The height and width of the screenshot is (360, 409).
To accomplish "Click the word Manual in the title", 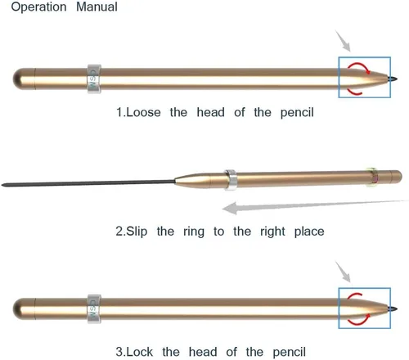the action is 97,7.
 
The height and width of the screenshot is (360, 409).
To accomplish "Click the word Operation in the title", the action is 38,7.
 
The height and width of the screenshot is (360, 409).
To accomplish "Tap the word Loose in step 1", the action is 143,112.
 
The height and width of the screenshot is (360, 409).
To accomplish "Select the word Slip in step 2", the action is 137,232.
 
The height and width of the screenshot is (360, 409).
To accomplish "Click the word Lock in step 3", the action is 139,352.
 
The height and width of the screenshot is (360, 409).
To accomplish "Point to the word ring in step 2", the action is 194,232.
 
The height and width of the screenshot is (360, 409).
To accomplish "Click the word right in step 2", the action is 272,232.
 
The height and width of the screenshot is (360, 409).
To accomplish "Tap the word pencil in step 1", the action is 297,113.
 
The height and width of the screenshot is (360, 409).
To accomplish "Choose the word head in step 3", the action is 203,352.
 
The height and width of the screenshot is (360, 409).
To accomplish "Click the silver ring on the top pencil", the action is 94,79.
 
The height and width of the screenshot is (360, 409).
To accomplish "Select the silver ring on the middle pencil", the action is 231,180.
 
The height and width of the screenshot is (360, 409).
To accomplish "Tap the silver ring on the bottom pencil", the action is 94,309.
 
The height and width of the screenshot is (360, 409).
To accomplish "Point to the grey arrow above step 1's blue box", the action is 343,41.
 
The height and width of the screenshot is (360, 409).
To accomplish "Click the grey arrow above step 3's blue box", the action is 343,272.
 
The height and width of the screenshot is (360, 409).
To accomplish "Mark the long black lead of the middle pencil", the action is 88,183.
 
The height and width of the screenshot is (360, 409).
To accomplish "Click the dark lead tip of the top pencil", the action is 393,79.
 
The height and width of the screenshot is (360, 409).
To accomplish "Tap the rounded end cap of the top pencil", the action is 24,79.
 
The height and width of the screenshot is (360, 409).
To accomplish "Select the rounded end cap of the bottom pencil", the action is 24,309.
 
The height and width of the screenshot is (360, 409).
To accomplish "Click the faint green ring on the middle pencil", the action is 372,178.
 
